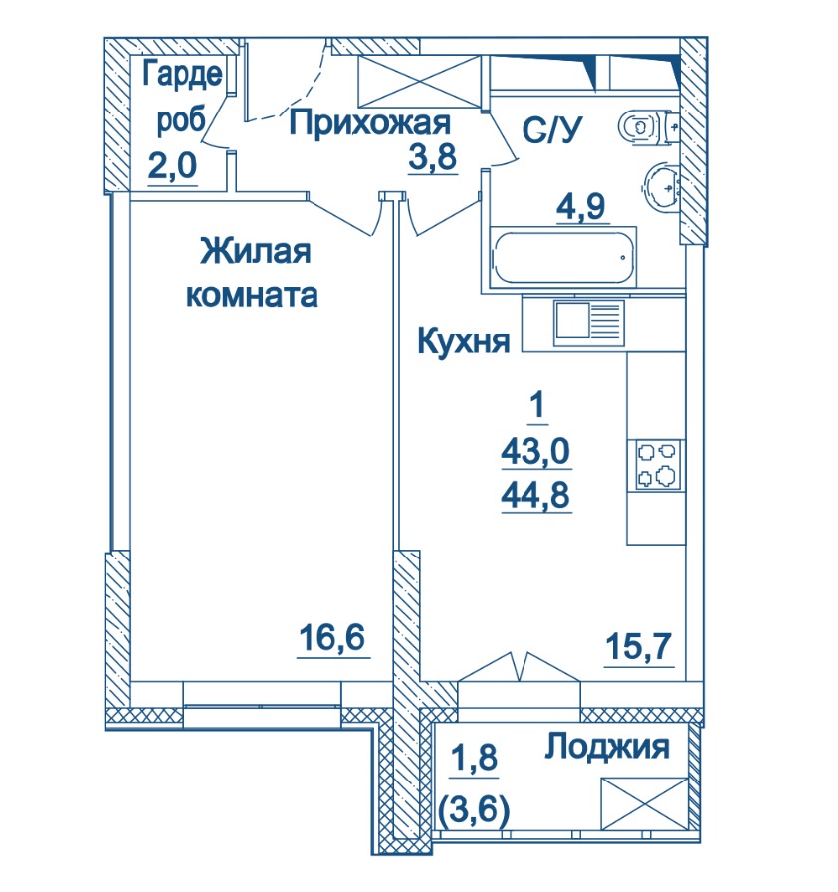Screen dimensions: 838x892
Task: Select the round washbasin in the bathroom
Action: tap(661, 186)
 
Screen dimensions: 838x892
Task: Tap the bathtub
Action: tap(563, 258)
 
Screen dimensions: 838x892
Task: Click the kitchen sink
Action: tap(588, 323)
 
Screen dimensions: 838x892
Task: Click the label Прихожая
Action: tap(369, 123)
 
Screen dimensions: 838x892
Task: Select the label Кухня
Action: tap(464, 340)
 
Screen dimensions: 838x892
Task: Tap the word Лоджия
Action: tap(607, 747)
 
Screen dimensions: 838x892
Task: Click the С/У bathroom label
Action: tap(552, 130)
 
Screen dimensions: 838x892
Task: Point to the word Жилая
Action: tap(255, 251)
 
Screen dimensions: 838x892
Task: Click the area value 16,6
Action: tap(332, 637)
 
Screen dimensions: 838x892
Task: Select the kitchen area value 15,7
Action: tap(638, 646)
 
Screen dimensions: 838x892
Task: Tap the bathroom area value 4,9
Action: tap(581, 206)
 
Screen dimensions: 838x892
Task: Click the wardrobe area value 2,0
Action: tap(172, 165)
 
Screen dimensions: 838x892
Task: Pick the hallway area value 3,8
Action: tap(433, 157)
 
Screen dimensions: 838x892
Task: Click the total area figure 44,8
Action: tap(535, 495)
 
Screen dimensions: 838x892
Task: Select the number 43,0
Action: tap(535, 452)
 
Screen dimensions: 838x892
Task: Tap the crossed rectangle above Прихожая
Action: tap(420, 82)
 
